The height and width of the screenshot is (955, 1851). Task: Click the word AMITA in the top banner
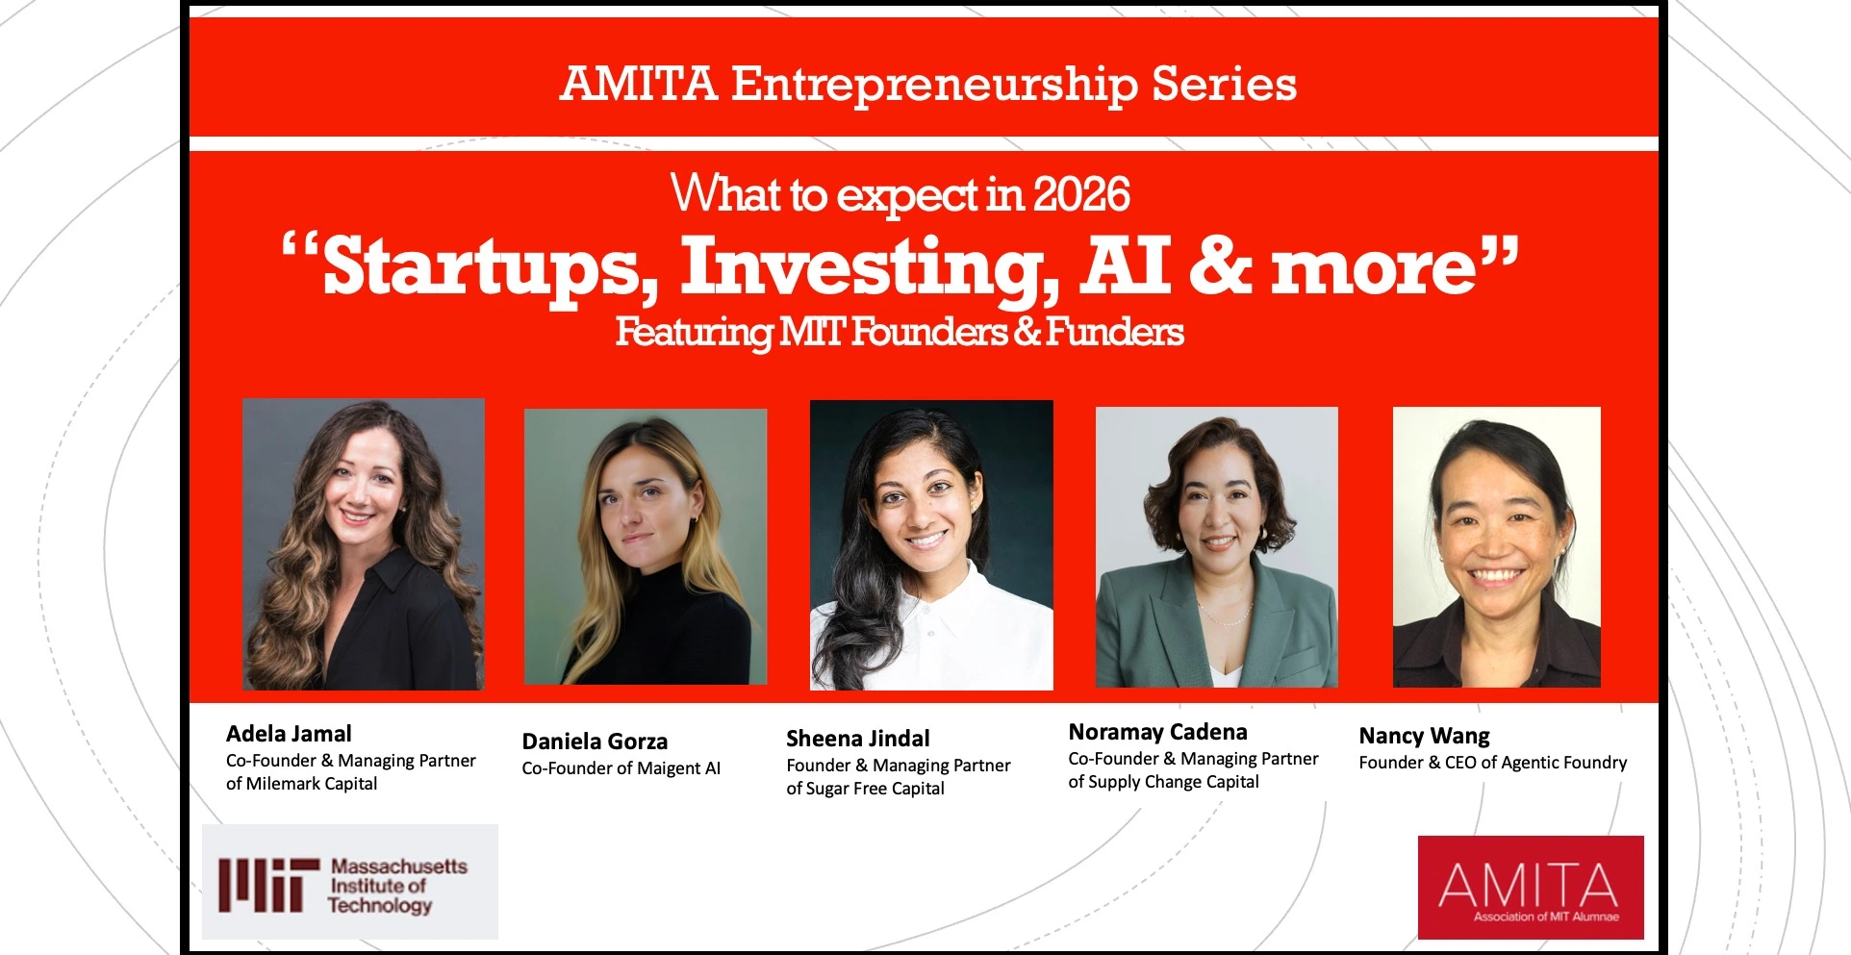[x=639, y=83]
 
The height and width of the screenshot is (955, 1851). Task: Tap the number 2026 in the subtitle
[x=1081, y=194]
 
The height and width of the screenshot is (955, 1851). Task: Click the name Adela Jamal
[x=289, y=734]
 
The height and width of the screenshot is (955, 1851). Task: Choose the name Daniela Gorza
[x=595, y=741]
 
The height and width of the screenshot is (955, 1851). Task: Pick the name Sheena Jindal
[x=858, y=739]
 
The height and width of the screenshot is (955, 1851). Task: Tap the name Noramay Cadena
[x=1157, y=732]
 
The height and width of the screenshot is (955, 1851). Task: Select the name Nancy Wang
[x=1424, y=736]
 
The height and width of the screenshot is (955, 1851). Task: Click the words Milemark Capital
[x=312, y=784]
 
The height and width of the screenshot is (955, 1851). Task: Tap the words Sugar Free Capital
[x=875, y=789]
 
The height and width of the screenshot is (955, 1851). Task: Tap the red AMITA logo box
[x=1531, y=887]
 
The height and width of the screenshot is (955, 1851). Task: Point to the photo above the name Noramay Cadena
[x=1217, y=546]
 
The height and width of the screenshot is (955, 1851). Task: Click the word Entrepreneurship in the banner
[x=934, y=85]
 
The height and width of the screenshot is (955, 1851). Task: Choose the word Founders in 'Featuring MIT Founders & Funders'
[x=930, y=332]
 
